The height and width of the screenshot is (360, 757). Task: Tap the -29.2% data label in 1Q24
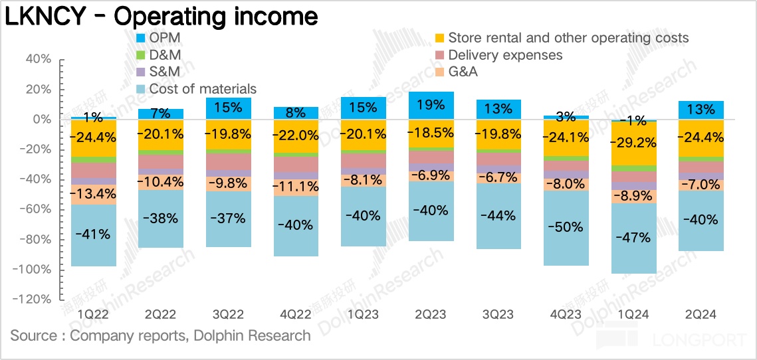[x=633, y=141]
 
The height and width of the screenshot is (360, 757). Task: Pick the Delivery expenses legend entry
[x=504, y=55]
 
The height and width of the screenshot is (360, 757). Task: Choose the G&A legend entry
[x=463, y=72]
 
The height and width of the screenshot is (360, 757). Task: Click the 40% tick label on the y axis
[x=37, y=59]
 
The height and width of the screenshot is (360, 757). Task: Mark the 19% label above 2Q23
[x=431, y=105]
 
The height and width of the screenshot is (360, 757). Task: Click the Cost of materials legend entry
[x=202, y=89]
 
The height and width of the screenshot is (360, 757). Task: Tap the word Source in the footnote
[x=33, y=335]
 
